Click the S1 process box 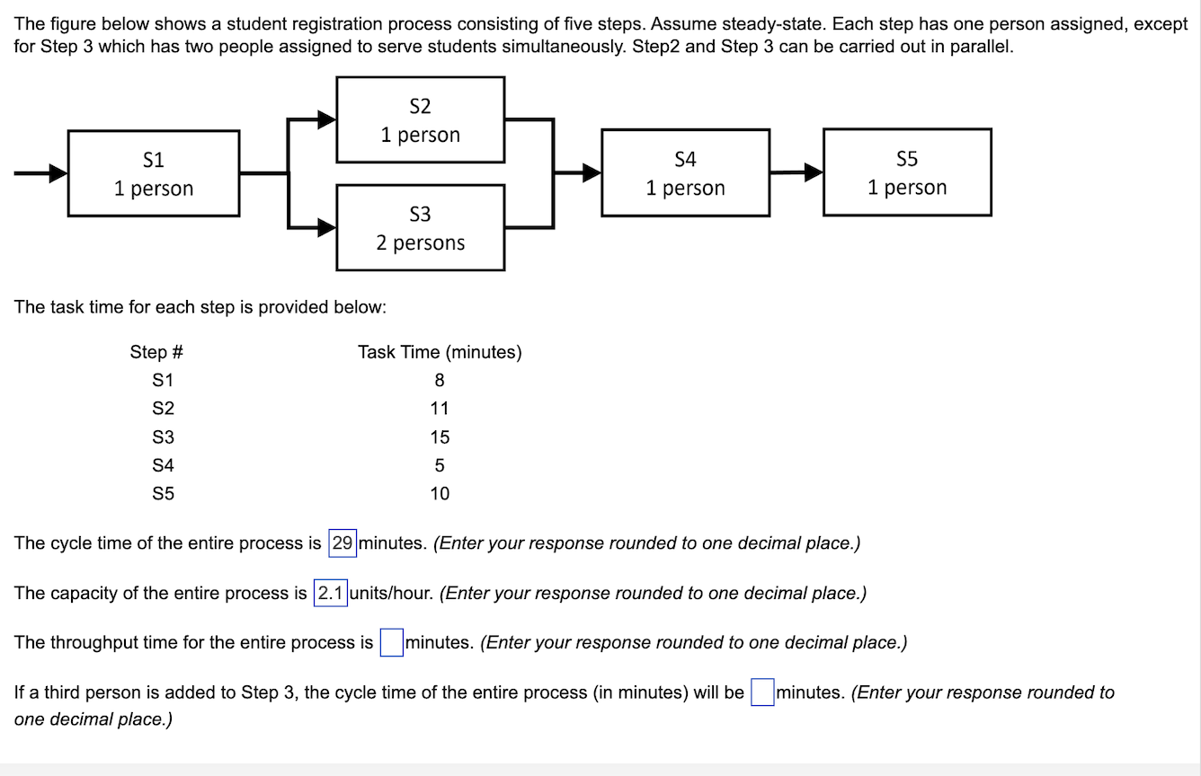point(154,173)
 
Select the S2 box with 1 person point(420,119)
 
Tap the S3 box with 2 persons point(420,227)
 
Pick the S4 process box point(685,172)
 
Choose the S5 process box point(907,172)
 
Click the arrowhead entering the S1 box point(58,172)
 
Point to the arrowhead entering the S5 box point(813,172)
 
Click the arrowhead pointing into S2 point(325,119)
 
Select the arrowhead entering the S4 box point(591,172)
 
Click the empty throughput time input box point(391,643)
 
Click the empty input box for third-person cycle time point(761,693)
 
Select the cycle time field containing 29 point(343,543)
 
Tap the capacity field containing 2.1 point(330,594)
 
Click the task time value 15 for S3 point(440,437)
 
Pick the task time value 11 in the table point(440,409)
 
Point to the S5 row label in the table point(164,493)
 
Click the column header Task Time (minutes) point(440,352)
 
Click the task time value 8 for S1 point(440,380)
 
